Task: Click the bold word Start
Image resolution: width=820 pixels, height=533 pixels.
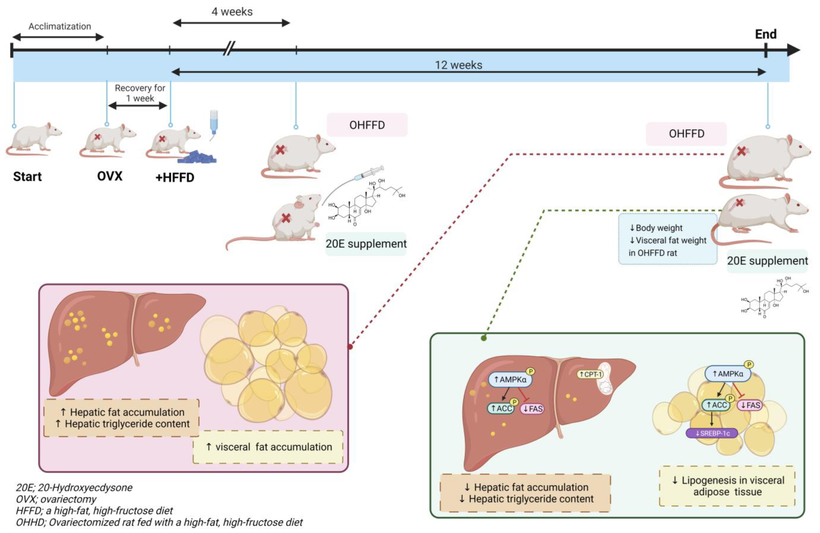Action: pos(27,176)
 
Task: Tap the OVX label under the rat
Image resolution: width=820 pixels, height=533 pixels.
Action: pos(110,176)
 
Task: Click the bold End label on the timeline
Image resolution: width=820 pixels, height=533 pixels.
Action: pos(766,34)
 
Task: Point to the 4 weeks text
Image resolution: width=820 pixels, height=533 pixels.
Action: pos(232,12)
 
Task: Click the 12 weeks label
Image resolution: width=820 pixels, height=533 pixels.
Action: pos(458,65)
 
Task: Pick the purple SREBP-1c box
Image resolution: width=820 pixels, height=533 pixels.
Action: pos(711,433)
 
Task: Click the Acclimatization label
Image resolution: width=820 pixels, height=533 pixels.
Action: pos(60,27)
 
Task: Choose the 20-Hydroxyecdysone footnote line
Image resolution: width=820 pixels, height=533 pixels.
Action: pos(74,488)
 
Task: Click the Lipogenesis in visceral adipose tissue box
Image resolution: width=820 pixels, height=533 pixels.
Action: pos(727,486)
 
